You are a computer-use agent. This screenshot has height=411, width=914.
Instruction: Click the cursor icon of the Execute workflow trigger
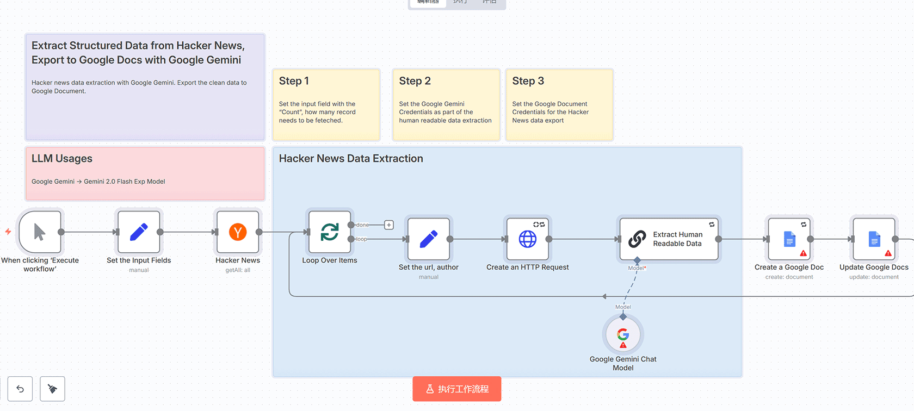(39, 232)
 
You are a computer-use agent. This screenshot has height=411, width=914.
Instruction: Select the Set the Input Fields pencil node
(139, 232)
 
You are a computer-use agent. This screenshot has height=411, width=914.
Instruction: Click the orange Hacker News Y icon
(238, 232)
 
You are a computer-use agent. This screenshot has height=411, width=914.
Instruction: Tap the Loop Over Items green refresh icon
(330, 232)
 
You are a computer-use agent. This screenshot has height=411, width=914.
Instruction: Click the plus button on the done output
(389, 225)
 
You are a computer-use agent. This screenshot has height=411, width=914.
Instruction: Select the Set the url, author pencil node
(429, 239)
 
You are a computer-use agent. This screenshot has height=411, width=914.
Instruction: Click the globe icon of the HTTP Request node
(528, 239)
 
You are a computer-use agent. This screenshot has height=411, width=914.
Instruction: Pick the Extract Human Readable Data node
(669, 239)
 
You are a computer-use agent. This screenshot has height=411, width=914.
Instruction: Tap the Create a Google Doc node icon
(789, 239)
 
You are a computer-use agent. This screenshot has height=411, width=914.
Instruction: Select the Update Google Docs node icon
(874, 239)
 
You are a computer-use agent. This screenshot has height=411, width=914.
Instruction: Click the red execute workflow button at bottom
(457, 389)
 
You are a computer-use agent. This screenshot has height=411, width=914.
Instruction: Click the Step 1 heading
(294, 81)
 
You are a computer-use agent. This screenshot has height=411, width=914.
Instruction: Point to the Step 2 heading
(415, 81)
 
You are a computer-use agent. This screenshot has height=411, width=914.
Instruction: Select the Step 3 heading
(528, 81)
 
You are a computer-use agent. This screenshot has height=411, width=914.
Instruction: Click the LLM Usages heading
(62, 159)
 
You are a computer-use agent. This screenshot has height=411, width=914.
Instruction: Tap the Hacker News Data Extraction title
(351, 159)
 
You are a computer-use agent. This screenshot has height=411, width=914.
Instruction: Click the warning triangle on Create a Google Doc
(804, 253)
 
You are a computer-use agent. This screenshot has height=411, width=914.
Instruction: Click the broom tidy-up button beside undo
(53, 389)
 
